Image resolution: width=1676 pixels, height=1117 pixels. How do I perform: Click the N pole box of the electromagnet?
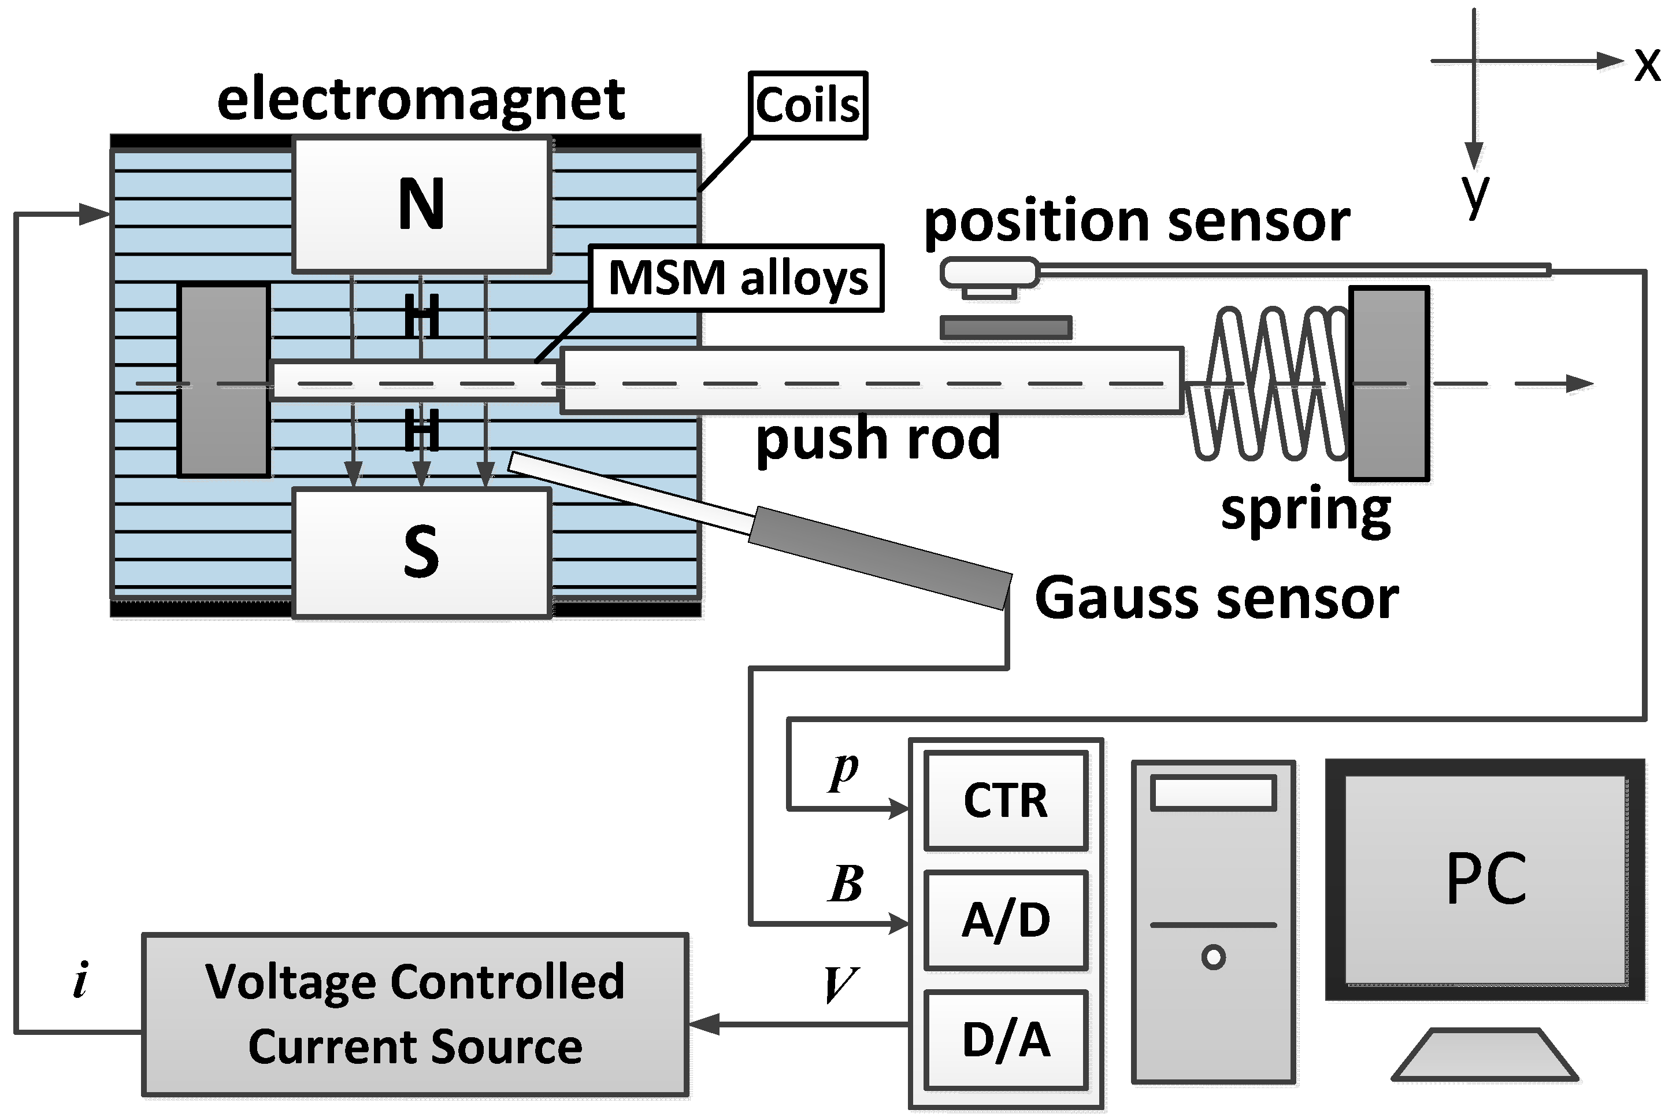click(x=421, y=205)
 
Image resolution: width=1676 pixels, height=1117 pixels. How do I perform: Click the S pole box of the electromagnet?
click(x=421, y=552)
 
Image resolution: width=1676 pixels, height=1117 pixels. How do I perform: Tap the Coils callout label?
click(x=807, y=105)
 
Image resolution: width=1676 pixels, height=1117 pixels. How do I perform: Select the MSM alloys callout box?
click(x=737, y=278)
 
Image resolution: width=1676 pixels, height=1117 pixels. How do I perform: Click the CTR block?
click(x=1006, y=801)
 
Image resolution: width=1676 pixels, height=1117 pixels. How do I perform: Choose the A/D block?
click(x=1006, y=920)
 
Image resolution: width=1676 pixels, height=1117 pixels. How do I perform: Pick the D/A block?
click(x=1006, y=1040)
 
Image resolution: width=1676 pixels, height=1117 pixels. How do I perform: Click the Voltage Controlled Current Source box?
click(x=415, y=1015)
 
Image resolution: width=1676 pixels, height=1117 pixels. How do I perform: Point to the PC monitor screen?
click(x=1485, y=879)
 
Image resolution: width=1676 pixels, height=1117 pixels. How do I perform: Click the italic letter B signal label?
click(x=846, y=884)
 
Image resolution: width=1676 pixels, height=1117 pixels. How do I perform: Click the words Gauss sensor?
click(x=1216, y=598)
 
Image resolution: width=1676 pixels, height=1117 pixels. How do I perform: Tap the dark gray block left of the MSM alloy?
click(x=224, y=380)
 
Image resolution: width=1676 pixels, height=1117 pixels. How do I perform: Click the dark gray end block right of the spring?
click(x=1389, y=383)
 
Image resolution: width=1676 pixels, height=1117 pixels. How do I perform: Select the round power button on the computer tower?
click(x=1213, y=957)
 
